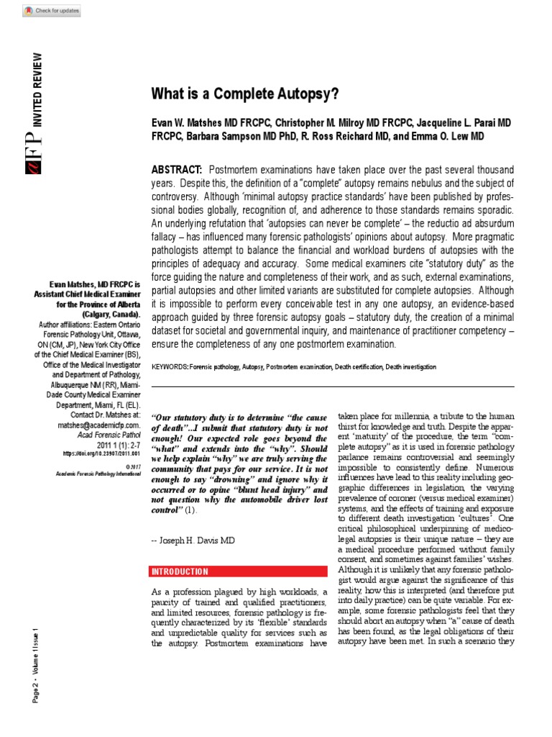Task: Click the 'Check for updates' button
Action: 52,11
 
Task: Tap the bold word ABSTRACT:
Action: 176,169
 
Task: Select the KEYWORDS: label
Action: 170,367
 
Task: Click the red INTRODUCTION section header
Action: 180,572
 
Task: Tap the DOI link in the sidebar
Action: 102,453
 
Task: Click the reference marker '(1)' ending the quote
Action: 190,510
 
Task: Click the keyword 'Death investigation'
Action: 410,367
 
